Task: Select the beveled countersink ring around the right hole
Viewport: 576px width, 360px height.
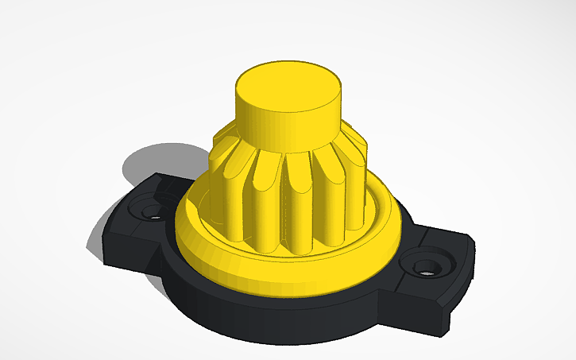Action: [439, 262]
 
